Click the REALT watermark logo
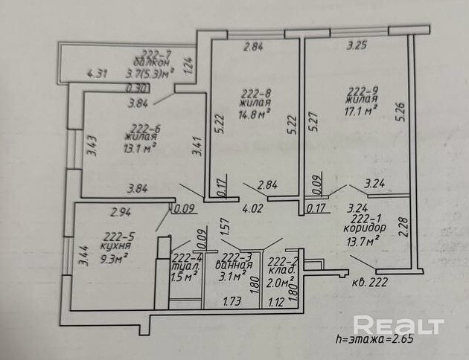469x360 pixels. coord(398,325)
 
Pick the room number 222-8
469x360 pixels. coord(255,94)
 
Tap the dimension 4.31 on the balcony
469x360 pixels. coord(98,73)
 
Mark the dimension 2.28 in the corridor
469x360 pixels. coord(403,225)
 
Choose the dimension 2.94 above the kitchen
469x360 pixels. coord(121,213)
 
